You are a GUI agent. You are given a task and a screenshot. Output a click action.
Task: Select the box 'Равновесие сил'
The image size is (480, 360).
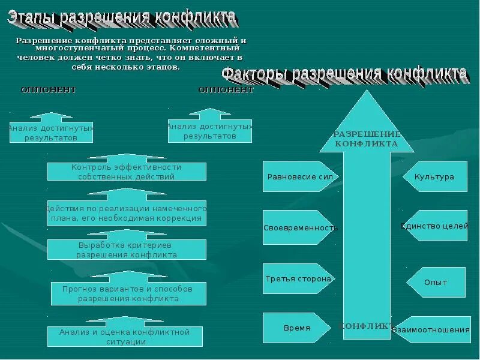(x=300, y=176)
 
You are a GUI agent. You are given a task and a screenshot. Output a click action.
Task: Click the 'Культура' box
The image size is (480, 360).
(x=436, y=177)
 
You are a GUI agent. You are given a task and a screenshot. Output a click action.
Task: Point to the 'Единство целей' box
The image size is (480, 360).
(x=436, y=226)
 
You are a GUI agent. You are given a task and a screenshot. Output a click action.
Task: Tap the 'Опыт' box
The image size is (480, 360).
(x=436, y=282)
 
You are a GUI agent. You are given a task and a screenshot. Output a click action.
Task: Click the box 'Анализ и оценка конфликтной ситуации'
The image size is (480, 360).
(x=125, y=337)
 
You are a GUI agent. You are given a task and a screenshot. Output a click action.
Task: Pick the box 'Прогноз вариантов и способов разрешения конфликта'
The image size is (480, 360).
(x=128, y=293)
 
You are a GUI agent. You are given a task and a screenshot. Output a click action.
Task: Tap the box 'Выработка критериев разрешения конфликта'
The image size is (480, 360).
(x=127, y=250)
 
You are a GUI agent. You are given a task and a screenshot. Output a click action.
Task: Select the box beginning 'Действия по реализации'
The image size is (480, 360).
(x=127, y=213)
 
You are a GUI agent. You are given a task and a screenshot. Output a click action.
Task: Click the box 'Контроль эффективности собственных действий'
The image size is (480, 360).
(x=127, y=172)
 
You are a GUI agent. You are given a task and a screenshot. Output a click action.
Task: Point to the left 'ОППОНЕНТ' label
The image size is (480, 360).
(x=49, y=90)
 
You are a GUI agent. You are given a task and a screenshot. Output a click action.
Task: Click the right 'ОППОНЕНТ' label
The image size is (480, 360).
(x=226, y=90)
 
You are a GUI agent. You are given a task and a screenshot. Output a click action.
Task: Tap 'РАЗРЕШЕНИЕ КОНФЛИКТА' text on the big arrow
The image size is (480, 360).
(x=366, y=139)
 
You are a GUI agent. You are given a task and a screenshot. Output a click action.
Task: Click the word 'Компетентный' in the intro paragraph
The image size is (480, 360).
(x=205, y=47)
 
